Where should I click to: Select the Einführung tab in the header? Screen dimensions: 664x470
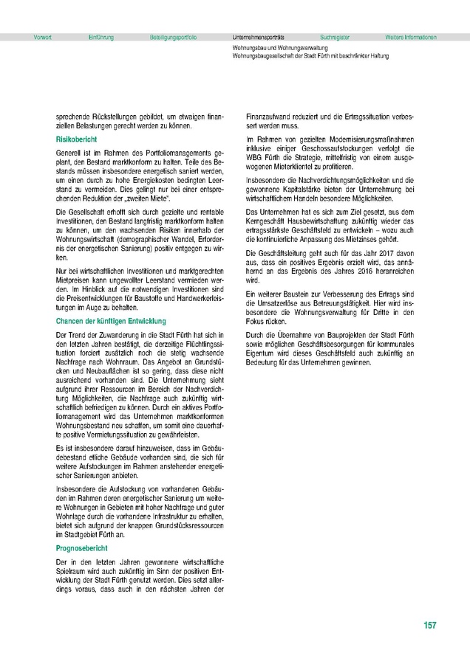pyautogui.click(x=101, y=37)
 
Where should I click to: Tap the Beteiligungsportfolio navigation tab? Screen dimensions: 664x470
pyautogui.click(x=173, y=37)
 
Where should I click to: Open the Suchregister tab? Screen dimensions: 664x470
pyautogui.click(x=336, y=37)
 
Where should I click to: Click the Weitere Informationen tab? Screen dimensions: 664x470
pyautogui.click(x=411, y=37)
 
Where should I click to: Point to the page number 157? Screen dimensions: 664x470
pyautogui.click(x=430, y=626)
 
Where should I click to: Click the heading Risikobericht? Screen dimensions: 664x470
pyautogui.click(x=77, y=139)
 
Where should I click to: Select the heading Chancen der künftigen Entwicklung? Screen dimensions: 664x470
pyautogui.click(x=111, y=321)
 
